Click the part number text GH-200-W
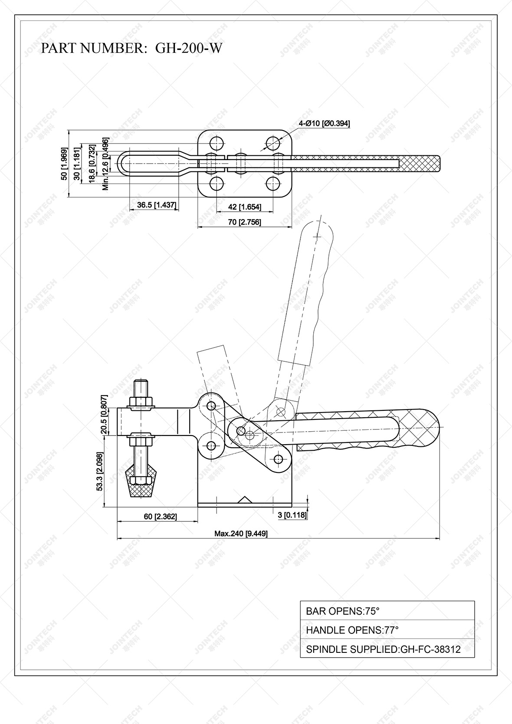coord(189,48)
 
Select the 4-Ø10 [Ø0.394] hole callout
coord(324,124)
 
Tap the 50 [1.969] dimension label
coord(64,164)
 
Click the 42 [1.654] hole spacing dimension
coord(245,207)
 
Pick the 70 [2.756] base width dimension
coord(245,222)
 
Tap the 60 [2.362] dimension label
coord(161,516)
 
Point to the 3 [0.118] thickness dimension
coord(292,515)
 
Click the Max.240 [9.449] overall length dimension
coord(241,533)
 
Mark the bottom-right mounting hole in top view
coord(273,184)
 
